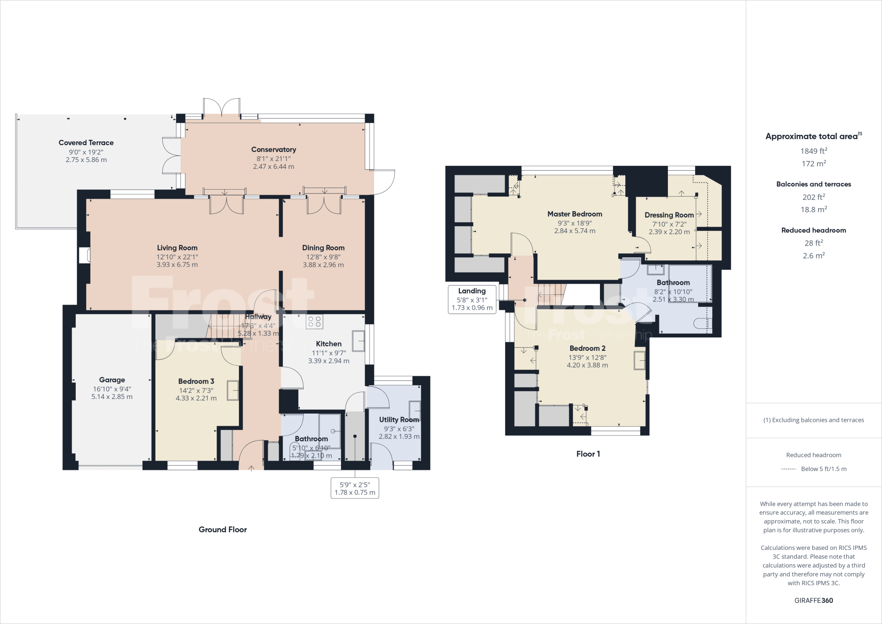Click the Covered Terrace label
click(86, 143)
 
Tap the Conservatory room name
click(273, 150)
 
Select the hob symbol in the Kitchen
click(314, 321)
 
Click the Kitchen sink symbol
click(358, 340)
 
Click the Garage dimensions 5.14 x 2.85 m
click(112, 396)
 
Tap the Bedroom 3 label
click(196, 381)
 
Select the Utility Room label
click(399, 420)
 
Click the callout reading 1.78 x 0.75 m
click(355, 493)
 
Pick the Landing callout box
click(472, 299)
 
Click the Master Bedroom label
click(575, 214)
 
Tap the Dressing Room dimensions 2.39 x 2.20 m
click(669, 232)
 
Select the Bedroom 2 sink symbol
click(640, 360)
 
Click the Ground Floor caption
click(223, 530)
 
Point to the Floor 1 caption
click(588, 454)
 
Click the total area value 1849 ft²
click(814, 151)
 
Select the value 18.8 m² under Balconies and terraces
click(814, 210)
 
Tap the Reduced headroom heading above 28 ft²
click(814, 230)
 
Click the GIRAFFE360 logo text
click(814, 600)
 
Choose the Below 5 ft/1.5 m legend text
click(823, 469)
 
